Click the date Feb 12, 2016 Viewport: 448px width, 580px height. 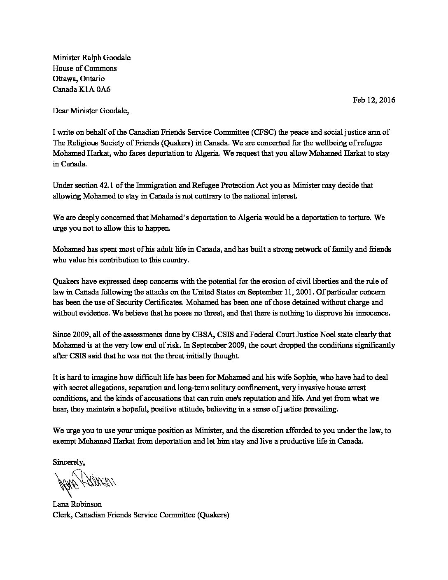pyautogui.click(x=374, y=100)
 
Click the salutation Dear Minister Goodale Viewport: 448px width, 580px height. pyautogui.click(x=91, y=111)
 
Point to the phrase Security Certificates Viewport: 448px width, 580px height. pyautogui.click(x=142, y=303)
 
